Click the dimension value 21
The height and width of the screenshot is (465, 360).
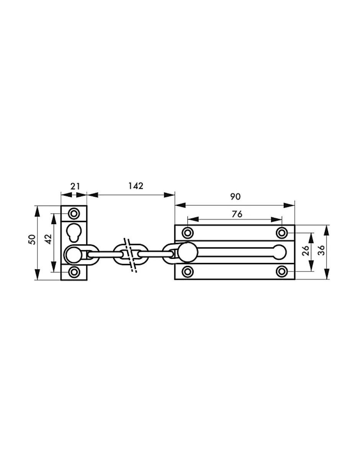pyautogui.click(x=75, y=186)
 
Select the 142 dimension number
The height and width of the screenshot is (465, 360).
pyautogui.click(x=136, y=186)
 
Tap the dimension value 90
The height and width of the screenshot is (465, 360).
pyautogui.click(x=235, y=196)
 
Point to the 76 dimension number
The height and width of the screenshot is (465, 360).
pyautogui.click(x=237, y=214)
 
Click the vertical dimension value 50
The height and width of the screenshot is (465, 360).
pyautogui.click(x=32, y=239)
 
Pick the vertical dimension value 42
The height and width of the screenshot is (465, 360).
pyautogui.click(x=49, y=239)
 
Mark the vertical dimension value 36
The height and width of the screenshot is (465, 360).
pyautogui.click(x=321, y=251)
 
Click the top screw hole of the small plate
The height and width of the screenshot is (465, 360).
pyautogui.click(x=74, y=213)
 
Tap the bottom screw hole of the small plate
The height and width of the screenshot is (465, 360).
pyautogui.click(x=74, y=272)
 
